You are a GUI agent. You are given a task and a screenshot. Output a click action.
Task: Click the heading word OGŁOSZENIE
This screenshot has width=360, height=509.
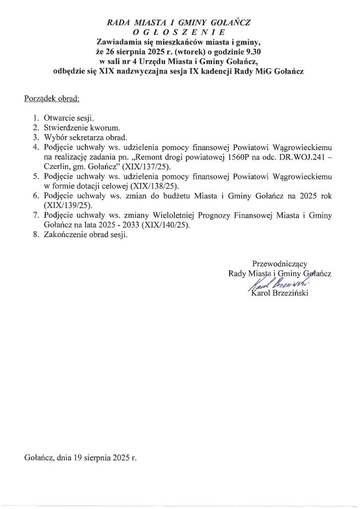tap(179, 32)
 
